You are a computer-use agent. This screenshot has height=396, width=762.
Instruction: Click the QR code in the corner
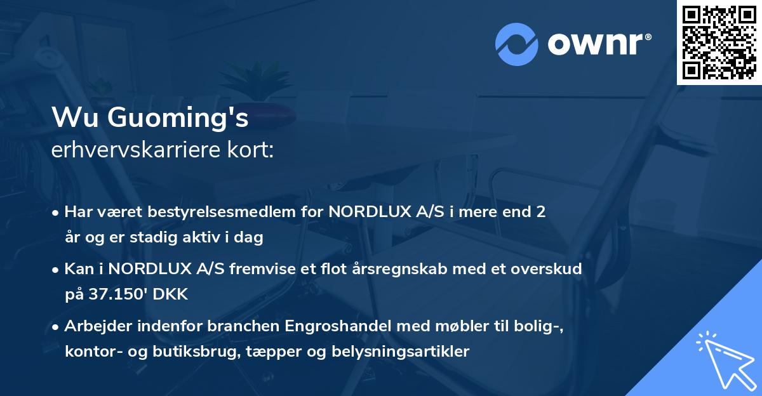pos(719,42)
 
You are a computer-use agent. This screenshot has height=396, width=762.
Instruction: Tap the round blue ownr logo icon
pos(517,44)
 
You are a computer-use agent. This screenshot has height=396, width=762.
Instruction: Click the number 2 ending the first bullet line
pos(541,212)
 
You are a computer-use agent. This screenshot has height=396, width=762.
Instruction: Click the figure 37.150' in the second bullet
pos(117,294)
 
